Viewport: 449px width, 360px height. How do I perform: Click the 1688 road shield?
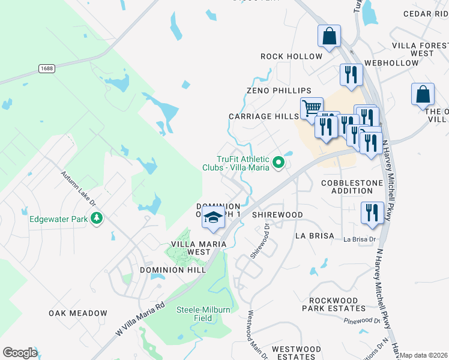point(46,69)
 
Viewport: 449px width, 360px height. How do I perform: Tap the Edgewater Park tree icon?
point(95,218)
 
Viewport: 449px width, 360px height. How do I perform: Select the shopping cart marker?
point(311,108)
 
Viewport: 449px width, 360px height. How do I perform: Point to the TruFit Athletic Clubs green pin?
point(278,162)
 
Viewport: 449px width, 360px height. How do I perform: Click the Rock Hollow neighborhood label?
point(291,56)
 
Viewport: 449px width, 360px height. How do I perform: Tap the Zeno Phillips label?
point(279,90)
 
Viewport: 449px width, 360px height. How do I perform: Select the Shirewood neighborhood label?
point(277,214)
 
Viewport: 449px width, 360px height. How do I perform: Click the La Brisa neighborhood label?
point(314,236)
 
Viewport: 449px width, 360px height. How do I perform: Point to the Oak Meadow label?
point(78,313)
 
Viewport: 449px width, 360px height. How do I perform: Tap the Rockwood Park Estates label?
point(337,304)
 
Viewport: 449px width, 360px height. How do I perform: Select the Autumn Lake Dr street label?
point(78,189)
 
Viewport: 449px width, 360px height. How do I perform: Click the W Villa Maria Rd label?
point(140,319)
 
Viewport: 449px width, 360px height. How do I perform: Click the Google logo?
point(20,353)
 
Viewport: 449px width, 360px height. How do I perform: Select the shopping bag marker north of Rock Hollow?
point(329,36)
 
